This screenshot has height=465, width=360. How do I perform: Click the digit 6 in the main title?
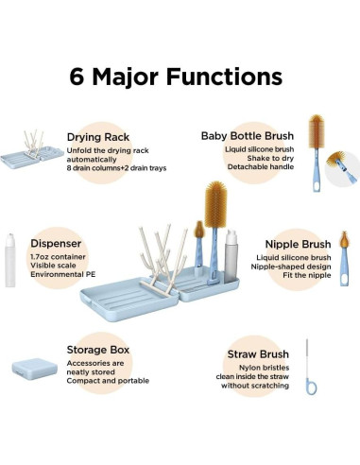[77, 77]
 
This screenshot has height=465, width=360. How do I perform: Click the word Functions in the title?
[224, 77]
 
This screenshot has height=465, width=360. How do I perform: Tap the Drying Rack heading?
[98, 137]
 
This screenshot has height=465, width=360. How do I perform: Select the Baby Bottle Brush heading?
[248, 136]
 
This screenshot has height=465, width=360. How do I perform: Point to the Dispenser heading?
[56, 243]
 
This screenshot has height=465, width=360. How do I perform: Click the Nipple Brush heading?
[298, 244]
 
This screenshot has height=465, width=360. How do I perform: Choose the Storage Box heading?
[98, 350]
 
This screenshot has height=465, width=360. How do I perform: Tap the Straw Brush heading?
[258, 354]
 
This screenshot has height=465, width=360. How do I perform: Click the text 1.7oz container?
[58, 257]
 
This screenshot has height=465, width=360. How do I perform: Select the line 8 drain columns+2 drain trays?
[116, 168]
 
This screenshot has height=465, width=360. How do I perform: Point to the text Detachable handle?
[261, 166]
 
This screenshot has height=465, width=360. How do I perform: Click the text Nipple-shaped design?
[291, 267]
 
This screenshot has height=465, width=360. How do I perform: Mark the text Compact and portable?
[108, 381]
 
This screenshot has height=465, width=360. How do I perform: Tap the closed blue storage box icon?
[35, 369]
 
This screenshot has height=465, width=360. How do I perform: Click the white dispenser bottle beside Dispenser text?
[10, 260]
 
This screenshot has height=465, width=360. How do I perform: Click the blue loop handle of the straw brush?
[311, 387]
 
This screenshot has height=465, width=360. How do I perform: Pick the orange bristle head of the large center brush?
[215, 205]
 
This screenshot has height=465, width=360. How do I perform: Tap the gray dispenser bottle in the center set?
[231, 256]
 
